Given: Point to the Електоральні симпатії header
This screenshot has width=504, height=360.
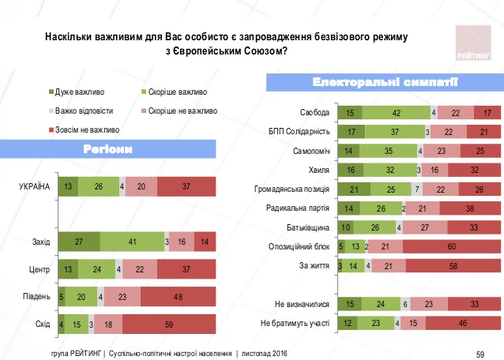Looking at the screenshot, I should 386,83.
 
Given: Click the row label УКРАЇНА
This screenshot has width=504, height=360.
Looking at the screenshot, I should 35,186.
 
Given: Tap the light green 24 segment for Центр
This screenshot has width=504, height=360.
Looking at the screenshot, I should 97,270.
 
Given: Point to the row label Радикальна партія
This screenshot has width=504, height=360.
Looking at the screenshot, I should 301,208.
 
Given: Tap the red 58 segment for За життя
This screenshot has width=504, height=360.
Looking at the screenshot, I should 452,265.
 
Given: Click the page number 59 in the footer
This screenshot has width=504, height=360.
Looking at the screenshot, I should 480,352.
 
